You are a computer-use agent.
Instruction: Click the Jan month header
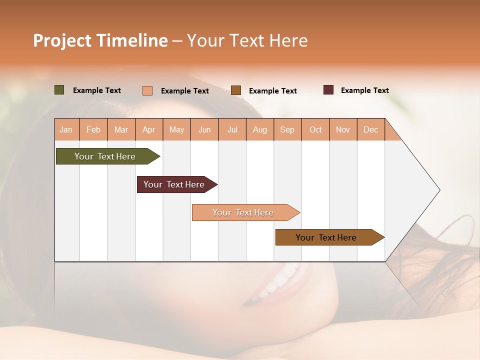tap(66, 129)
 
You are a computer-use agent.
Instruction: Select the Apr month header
tap(149, 129)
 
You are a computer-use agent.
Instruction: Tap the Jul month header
tap(232, 129)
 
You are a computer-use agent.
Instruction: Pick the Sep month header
tap(287, 129)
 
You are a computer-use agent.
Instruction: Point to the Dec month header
tap(370, 129)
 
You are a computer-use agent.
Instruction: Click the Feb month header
tap(93, 129)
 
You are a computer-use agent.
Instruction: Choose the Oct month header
tap(315, 129)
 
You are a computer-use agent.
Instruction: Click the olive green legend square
tap(59, 90)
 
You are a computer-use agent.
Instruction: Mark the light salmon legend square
tap(147, 90)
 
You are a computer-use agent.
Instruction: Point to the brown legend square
tap(236, 90)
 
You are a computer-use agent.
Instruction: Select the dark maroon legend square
tap(328, 90)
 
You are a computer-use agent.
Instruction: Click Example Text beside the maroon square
tap(364, 90)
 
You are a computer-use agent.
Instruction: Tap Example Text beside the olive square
tap(97, 90)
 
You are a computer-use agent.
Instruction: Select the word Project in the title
tap(62, 40)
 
